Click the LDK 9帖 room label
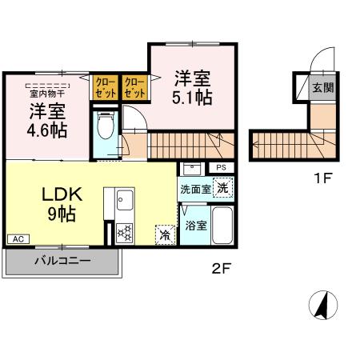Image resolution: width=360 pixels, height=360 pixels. [x=55, y=203]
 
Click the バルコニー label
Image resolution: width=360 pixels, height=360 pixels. [x=62, y=261]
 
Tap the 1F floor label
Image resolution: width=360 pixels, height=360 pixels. [x=322, y=178]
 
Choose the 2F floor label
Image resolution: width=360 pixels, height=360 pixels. [x=221, y=269]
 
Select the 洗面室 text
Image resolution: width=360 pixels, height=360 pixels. [x=194, y=190]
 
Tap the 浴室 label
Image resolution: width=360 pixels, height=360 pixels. [x=196, y=226]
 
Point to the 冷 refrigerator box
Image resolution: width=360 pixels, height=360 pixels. [x=165, y=235]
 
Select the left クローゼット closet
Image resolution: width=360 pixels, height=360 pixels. [x=105, y=86]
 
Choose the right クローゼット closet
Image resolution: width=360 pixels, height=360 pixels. [x=134, y=86]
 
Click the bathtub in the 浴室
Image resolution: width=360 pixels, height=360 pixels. [x=223, y=226]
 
